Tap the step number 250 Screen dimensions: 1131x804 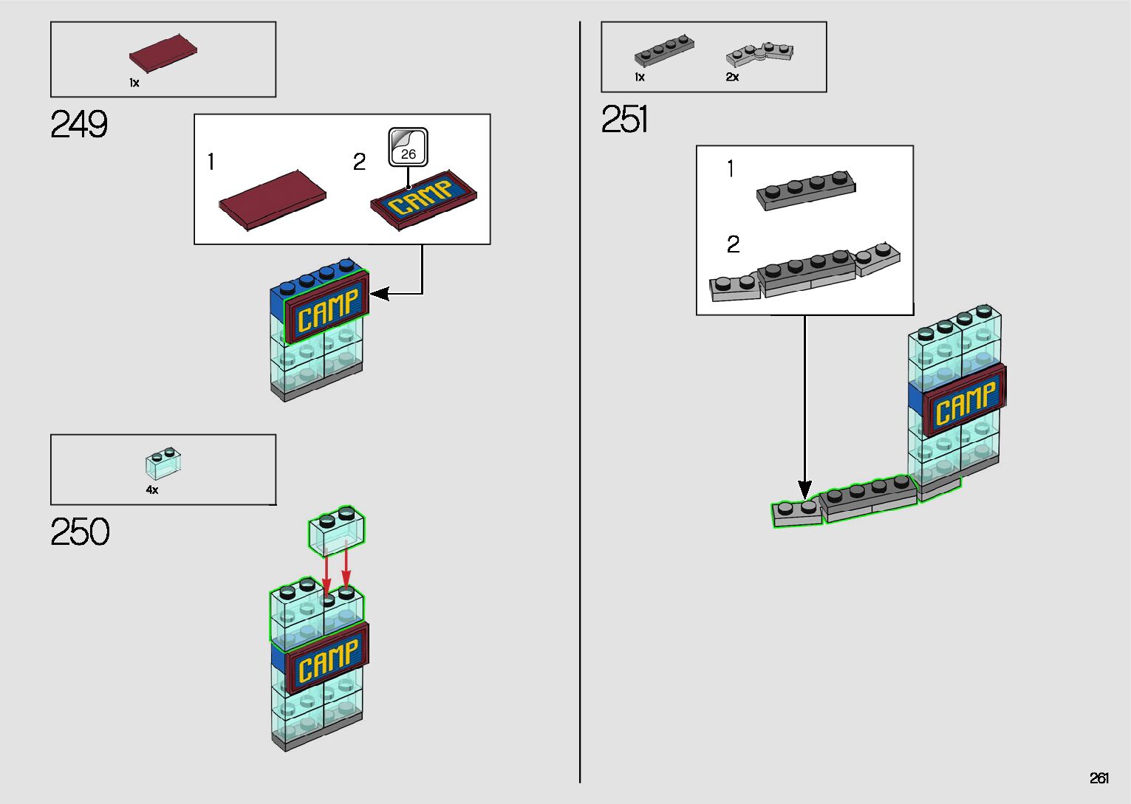tap(80, 532)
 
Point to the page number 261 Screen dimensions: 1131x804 tap(1099, 777)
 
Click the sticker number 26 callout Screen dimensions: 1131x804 tap(408, 147)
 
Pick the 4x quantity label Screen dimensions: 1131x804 tap(152, 489)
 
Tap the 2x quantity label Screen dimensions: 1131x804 tap(732, 77)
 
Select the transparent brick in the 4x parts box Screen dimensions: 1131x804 tap(163, 463)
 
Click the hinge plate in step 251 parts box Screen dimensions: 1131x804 tap(760, 54)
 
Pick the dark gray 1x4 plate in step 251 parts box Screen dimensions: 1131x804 tap(664, 50)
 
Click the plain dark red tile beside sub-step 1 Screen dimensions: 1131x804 tap(273, 200)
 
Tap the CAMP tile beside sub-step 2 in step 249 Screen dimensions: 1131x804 tap(423, 200)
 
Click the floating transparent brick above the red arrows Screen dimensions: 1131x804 tap(337, 531)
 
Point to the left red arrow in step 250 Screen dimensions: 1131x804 tap(327, 575)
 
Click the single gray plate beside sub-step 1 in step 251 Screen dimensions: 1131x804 tap(806, 190)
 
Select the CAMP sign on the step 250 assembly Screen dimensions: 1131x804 tap(327, 659)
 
